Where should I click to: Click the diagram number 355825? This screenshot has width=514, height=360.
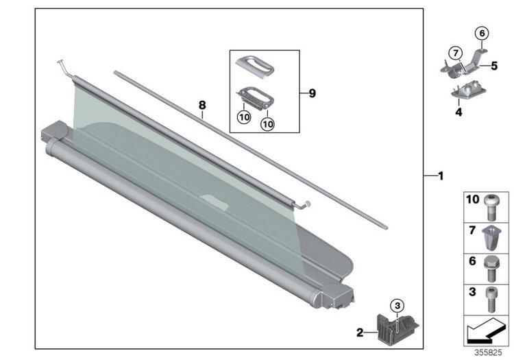tap(488, 352)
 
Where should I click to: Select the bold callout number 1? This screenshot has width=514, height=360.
tap(441, 176)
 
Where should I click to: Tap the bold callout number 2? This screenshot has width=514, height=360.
tap(360, 333)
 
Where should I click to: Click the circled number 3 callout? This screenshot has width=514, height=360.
tap(397, 306)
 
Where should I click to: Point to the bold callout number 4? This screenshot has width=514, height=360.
tap(458, 112)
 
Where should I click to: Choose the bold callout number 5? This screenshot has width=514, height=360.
tap(494, 66)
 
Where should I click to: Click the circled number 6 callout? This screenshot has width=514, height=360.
tap(482, 33)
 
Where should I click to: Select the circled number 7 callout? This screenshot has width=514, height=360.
tap(456, 53)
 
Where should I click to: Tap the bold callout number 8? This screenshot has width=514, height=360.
tap(202, 105)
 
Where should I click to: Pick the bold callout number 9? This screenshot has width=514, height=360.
tap(312, 93)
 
